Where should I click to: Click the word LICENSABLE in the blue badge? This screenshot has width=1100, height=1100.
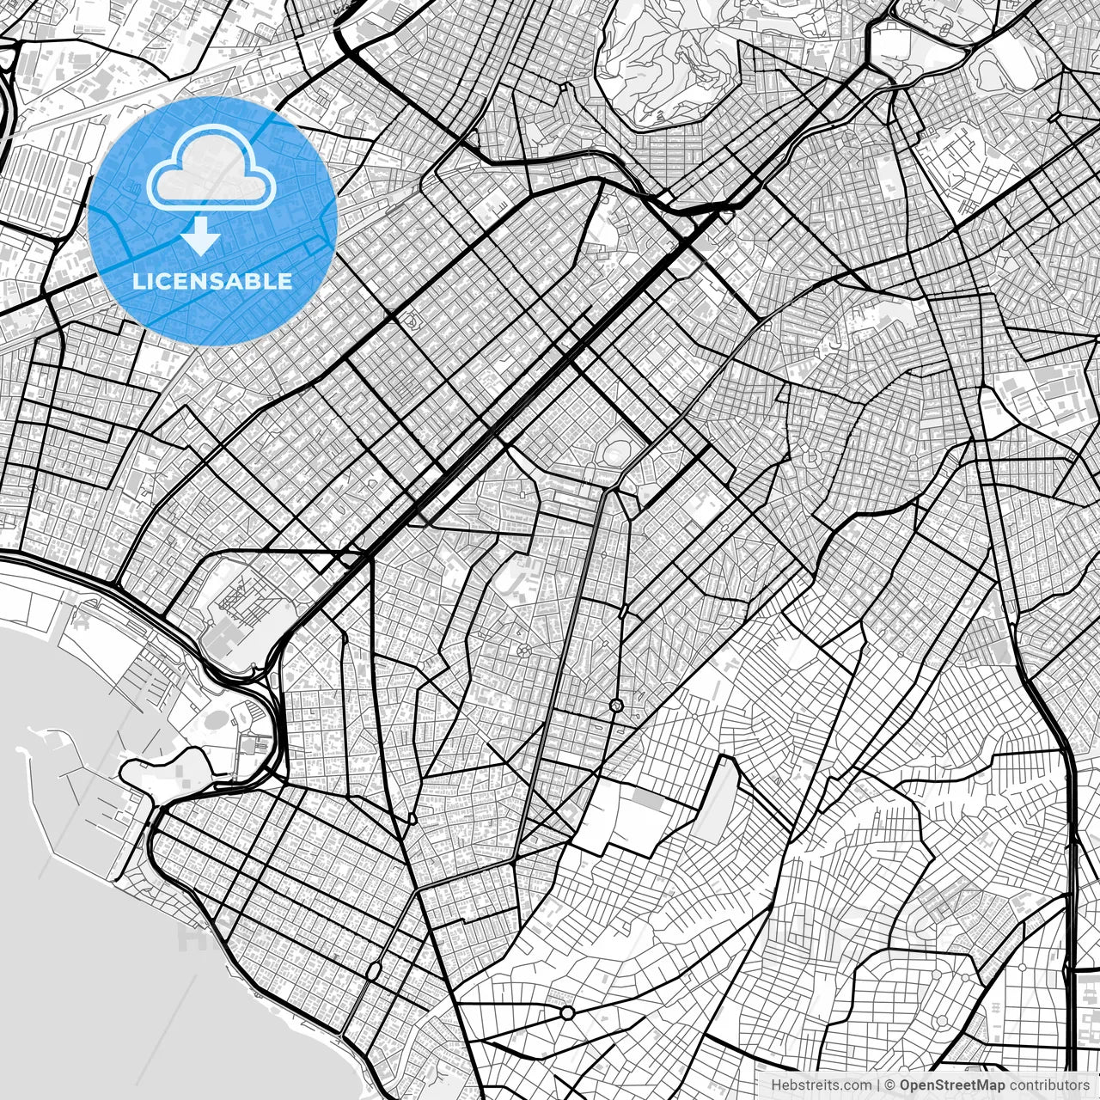pyautogui.click(x=212, y=282)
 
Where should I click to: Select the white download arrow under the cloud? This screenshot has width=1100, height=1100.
pyautogui.click(x=200, y=235)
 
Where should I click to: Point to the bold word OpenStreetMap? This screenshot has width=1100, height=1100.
pyautogui.click(x=952, y=1085)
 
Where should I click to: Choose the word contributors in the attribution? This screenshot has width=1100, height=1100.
pyautogui.click(x=1048, y=1085)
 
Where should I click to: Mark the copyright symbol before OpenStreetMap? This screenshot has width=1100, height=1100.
pyautogui.click(x=890, y=1085)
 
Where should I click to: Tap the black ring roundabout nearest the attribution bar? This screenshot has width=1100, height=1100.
pyautogui.click(x=567, y=1012)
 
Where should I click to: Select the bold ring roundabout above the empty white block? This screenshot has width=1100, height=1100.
pyautogui.click(x=616, y=706)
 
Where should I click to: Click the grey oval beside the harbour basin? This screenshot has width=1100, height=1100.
pyautogui.click(x=214, y=718)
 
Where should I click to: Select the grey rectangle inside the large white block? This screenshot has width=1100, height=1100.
pyautogui.click(x=649, y=799)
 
